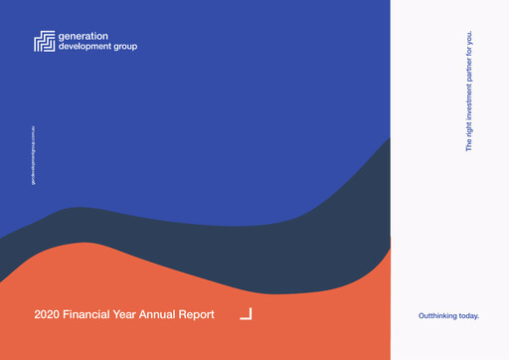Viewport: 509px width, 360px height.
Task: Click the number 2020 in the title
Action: pos(47,315)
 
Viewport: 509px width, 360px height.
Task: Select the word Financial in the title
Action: pos(88,315)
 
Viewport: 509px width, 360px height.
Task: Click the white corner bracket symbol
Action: pos(247,314)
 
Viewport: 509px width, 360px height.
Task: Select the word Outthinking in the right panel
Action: pos(439,315)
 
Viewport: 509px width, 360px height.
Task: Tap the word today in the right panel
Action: pos(469,315)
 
